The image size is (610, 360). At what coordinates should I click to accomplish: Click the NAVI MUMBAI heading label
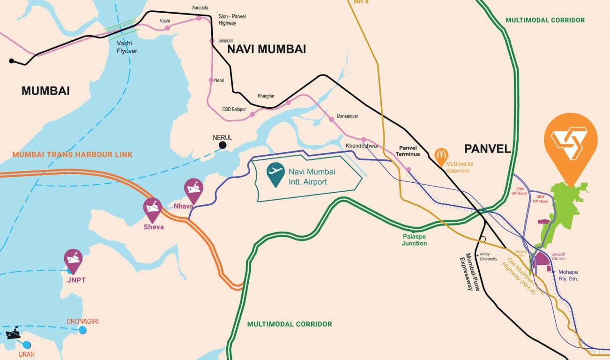[266, 49]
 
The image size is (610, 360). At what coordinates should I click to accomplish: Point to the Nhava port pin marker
[193, 189]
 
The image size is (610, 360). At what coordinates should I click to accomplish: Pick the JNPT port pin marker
[73, 259]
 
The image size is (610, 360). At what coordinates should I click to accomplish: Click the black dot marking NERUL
[223, 145]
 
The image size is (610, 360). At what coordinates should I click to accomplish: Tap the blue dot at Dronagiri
[83, 330]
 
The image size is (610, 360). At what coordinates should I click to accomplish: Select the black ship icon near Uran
[13, 333]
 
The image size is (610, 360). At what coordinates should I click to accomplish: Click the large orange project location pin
[570, 143]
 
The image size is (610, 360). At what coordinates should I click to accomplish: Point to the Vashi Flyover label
[127, 47]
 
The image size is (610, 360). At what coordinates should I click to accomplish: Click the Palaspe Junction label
[414, 240]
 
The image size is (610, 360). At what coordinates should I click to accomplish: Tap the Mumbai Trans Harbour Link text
[72, 154]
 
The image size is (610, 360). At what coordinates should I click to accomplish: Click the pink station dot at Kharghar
[289, 102]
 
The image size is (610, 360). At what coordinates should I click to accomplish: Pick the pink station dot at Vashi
[167, 28]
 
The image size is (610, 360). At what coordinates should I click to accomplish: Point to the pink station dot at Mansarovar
[331, 120]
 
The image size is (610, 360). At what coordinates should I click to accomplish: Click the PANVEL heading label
[487, 149]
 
